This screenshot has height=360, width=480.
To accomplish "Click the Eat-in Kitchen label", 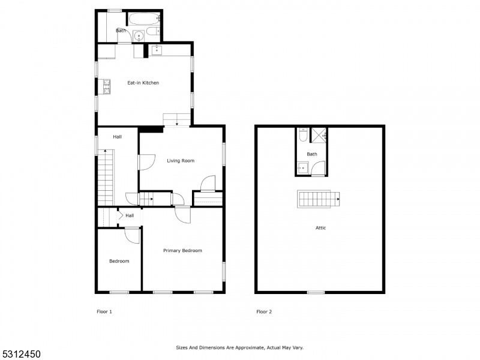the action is click(143, 83).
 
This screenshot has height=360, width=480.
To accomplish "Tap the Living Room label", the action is click(181, 161).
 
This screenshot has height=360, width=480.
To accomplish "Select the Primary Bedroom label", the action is click(182, 251).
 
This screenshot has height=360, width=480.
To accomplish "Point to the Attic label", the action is click(320, 228).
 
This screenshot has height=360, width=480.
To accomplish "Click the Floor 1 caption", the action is click(104, 311).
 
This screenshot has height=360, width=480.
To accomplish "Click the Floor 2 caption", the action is click(264, 311).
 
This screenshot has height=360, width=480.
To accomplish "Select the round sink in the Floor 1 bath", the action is click(139, 36).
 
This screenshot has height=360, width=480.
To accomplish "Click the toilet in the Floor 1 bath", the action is click(154, 31).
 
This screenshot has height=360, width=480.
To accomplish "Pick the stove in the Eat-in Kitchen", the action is click(107, 86).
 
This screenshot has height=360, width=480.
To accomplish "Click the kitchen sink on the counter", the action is click(157, 50).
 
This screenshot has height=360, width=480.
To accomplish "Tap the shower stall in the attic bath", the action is click(319, 135).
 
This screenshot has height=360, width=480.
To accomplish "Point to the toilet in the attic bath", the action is click(303, 134).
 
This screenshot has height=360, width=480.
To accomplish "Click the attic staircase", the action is click(319, 199).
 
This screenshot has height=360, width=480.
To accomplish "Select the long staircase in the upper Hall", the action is click(106, 178).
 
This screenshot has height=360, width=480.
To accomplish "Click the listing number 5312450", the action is click(20, 354).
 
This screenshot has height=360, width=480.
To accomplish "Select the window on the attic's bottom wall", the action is click(316, 292).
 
